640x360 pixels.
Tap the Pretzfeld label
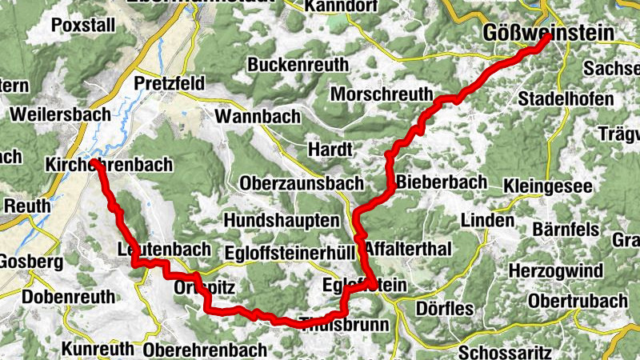pos(170,83)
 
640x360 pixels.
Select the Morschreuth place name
pos(380,93)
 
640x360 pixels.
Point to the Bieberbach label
pos(441,182)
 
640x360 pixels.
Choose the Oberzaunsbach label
pos(301,183)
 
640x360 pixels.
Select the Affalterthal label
pos(408,249)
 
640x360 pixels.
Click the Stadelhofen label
pos(566,100)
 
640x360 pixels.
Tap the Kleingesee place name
pos(548,186)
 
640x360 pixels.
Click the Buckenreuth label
pos(298,65)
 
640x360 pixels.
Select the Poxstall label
pos(83,25)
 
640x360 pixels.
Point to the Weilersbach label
pos(60,114)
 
